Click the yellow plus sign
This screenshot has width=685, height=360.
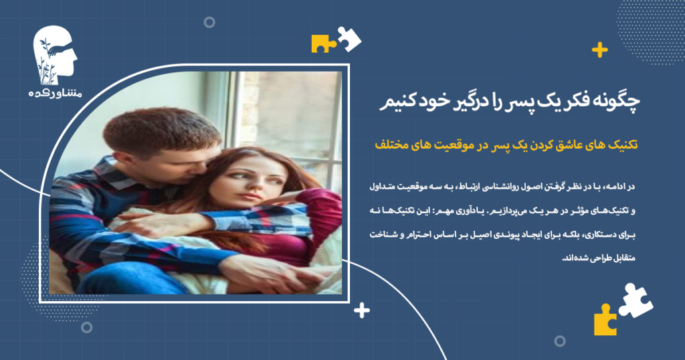point(600,50)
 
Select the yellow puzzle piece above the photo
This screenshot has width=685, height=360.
point(324,43)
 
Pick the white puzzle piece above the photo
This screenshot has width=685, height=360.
point(349,39)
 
